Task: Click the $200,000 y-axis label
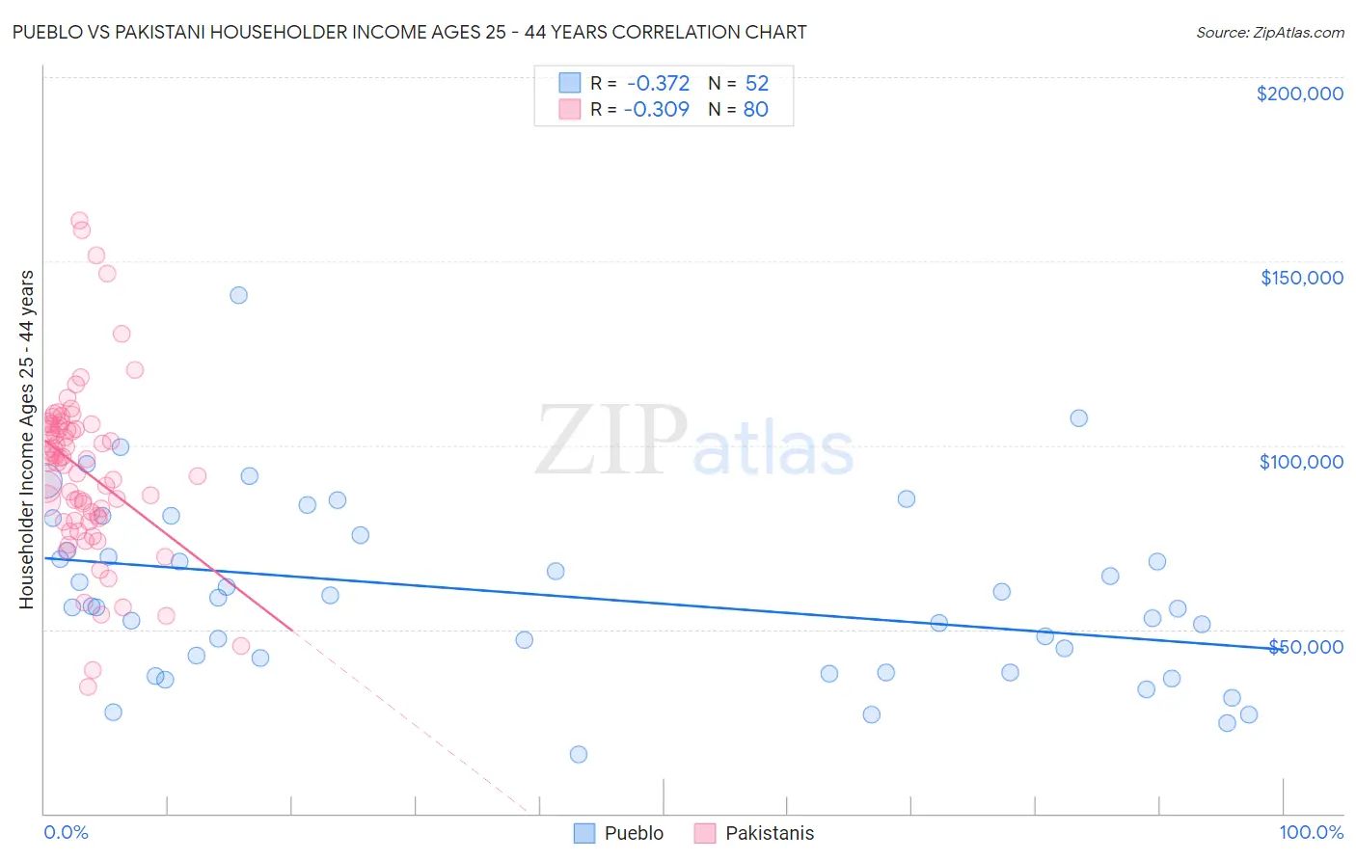[x=1299, y=94]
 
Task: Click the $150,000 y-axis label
[x=1301, y=278]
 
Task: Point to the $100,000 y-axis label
[x=1301, y=462]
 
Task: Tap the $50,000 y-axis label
[x=1305, y=647]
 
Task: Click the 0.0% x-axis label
[x=66, y=832]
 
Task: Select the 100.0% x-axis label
[x=1311, y=832]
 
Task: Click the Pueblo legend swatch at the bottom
[x=583, y=833]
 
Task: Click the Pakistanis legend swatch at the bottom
[x=704, y=833]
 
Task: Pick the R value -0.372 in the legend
[x=658, y=84]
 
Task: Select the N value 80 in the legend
[x=755, y=110]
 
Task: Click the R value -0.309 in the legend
[x=656, y=110]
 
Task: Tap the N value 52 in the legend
[x=756, y=84]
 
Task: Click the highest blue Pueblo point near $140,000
[x=238, y=295]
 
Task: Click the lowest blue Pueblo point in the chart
[x=579, y=754]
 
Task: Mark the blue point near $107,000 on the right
[x=1078, y=417]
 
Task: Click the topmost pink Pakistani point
[x=80, y=221]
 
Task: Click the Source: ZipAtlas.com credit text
[x=1269, y=33]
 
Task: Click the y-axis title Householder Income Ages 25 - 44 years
[x=26, y=440]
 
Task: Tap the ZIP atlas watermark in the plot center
[x=694, y=441]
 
